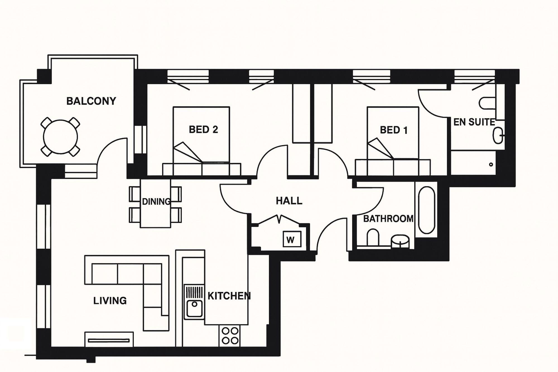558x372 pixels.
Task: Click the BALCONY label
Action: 91,101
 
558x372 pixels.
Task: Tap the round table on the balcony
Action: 60,137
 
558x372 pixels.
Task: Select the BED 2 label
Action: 203,129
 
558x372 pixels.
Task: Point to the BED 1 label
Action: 394,130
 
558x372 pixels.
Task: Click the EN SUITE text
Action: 474,122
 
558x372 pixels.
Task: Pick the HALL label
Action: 289,201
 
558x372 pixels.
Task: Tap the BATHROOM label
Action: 388,219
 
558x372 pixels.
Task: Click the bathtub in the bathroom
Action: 427,210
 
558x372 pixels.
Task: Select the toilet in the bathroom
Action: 373,238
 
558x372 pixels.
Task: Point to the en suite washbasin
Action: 498,136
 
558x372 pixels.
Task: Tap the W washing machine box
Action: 292,239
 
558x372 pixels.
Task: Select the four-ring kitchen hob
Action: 230,336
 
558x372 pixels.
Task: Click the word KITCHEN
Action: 229,296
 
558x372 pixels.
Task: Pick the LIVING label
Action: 110,301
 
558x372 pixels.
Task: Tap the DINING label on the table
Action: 156,201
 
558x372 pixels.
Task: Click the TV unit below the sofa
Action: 109,340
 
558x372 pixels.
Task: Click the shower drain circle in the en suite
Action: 491,164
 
